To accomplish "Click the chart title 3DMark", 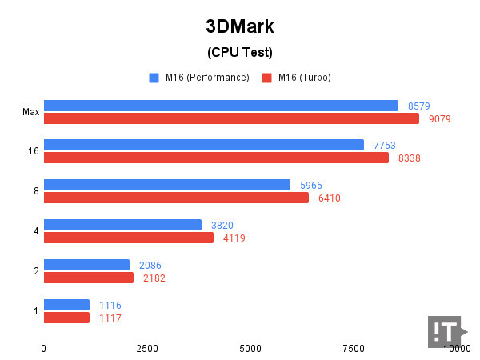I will point(240,26).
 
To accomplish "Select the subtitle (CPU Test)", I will point(240,53).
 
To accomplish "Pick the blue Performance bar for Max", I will point(221,106).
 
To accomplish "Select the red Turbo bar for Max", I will point(231,118).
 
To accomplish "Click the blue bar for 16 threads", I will point(204,145).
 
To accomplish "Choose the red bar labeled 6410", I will point(176,198).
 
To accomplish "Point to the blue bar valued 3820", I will point(122,225).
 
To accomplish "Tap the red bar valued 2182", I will point(89,278).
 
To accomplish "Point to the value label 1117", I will point(110,318).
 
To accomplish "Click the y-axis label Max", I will point(30,112).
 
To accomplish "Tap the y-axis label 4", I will point(36,231).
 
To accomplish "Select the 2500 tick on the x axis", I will point(146,349).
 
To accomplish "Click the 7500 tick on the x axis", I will point(354,349).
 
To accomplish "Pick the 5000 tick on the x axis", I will point(250,349).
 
